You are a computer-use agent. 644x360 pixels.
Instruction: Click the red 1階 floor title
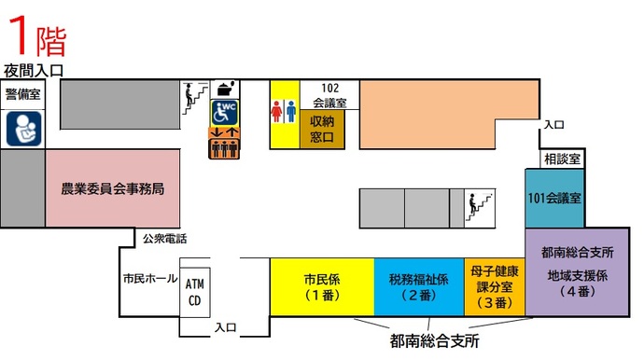(36, 35)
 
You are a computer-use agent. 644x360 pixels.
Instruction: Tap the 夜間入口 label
(33, 70)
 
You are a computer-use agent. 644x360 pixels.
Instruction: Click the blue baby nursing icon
(22, 129)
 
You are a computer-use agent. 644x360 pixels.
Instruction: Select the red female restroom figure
(276, 110)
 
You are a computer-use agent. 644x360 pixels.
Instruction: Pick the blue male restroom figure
(292, 110)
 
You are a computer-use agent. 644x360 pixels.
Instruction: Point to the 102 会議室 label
(329, 95)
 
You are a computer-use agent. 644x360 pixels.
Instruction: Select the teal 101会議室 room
(554, 198)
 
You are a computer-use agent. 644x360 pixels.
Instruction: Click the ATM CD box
(194, 291)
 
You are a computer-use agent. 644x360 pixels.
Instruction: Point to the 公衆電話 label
(164, 239)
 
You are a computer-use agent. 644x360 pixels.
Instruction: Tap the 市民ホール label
(149, 278)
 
